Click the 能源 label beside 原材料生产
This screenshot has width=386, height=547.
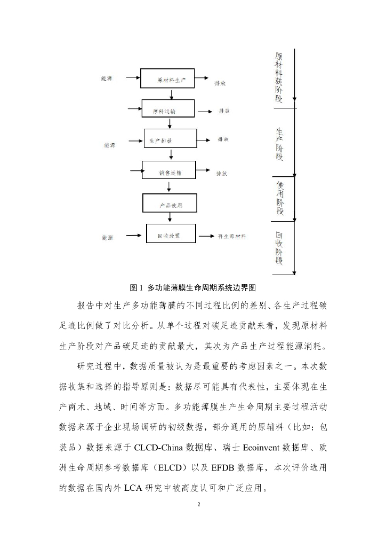click(107, 78)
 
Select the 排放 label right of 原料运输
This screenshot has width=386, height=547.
click(224, 111)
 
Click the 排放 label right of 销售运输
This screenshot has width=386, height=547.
click(222, 173)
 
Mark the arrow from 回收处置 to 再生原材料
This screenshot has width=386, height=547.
click(205, 236)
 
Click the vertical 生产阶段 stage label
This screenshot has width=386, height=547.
click(279, 144)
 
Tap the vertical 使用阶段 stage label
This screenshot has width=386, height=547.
click(279, 197)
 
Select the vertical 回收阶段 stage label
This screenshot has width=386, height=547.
click(279, 248)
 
